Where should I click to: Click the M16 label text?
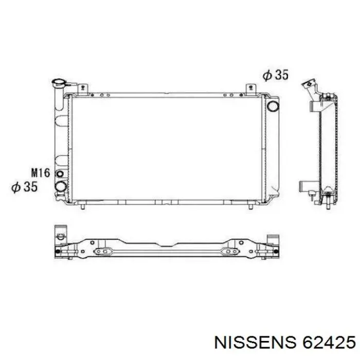coord(41,173)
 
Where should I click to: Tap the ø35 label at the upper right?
coord(275,75)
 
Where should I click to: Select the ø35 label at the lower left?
coord(25,187)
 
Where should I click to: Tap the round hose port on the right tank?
coord(273,106)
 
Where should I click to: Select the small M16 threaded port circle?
coord(60,174)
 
